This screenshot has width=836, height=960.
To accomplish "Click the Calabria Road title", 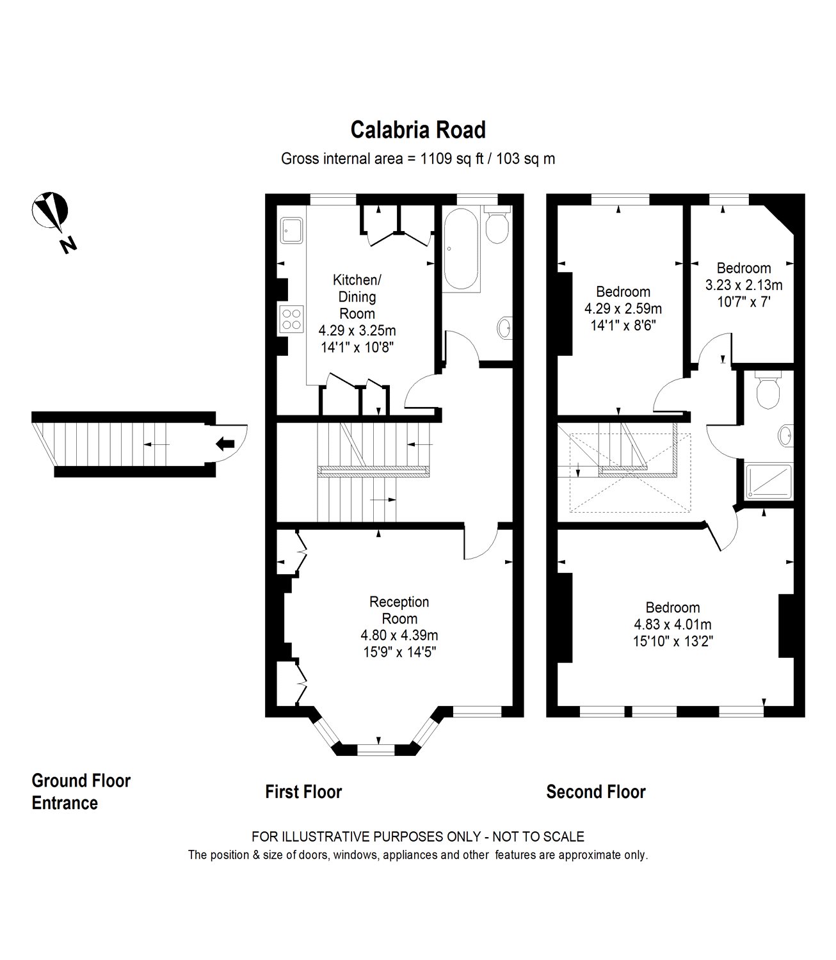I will pos(418,130).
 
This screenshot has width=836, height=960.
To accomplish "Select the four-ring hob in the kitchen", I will pos(291,319).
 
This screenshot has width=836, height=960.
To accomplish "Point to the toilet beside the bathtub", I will pos(497,225).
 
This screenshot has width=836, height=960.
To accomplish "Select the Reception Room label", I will pos(399,610).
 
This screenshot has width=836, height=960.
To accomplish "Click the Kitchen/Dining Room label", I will pos(357,296).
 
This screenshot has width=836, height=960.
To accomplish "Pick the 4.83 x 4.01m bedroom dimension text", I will pos(672,624).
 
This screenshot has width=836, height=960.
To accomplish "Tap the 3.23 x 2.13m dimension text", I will pos(743,285).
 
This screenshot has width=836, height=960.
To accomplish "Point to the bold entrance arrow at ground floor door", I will pos(225,443).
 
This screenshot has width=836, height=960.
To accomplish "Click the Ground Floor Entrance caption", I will pos(81,792).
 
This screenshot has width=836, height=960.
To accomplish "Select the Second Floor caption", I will pos(595,792).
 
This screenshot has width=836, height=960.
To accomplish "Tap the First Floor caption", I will pos(303,792).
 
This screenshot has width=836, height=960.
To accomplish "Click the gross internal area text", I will pos(418,159).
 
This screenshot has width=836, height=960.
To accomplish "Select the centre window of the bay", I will pos(376,748).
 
